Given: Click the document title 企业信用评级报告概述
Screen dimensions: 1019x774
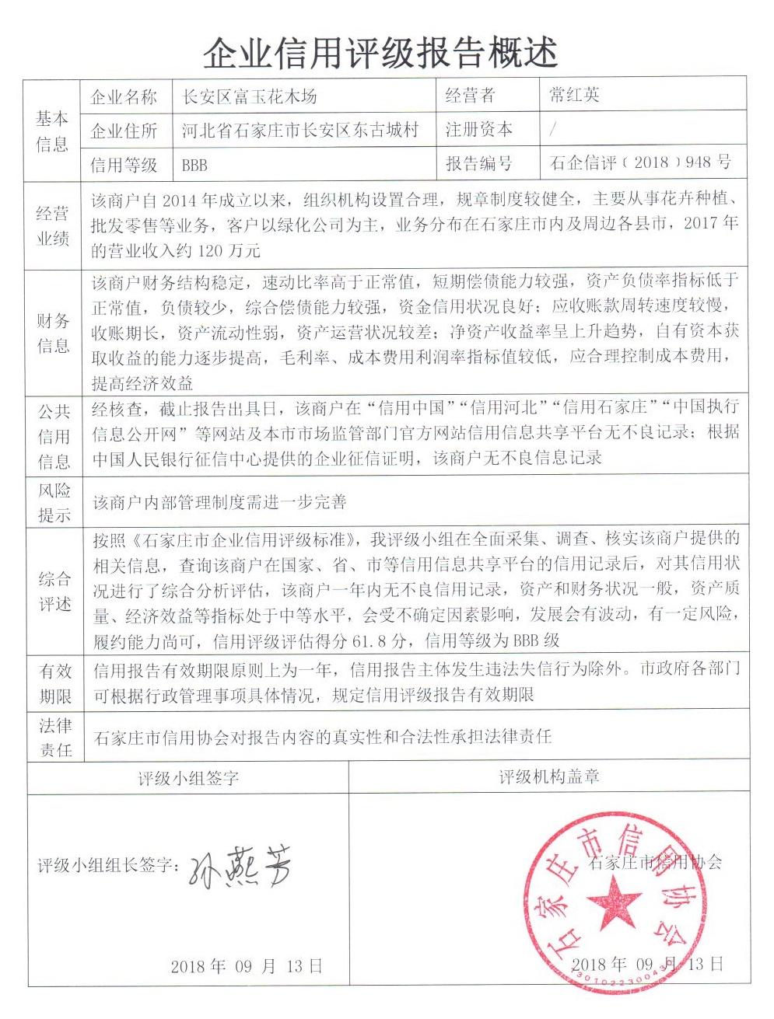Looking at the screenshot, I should (380, 53).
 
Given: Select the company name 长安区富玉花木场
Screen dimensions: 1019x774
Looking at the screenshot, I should (249, 97).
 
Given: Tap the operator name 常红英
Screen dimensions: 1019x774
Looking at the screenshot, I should (574, 96).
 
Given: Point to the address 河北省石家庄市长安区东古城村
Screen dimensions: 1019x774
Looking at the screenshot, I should (300, 130).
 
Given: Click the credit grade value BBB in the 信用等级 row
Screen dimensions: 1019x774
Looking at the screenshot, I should (194, 165).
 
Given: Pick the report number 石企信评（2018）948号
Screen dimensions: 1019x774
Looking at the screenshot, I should (640, 162).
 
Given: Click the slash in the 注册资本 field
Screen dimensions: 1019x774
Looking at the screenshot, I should (552, 130).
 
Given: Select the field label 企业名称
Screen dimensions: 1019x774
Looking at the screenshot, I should (124, 97).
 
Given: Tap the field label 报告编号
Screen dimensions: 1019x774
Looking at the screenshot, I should (478, 163).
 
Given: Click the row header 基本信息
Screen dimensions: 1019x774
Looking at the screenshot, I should (52, 131).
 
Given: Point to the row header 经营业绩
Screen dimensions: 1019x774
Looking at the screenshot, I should (52, 226).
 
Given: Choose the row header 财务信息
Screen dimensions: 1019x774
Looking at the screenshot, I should (52, 333).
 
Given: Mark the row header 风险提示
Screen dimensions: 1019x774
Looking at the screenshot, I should (54, 502).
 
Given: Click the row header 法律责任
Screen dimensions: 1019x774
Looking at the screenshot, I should (55, 738).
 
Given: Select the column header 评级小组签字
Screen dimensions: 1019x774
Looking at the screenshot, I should (188, 778).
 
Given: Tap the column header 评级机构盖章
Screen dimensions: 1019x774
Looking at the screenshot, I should (548, 777).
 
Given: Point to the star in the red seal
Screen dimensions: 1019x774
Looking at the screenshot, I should (615, 902).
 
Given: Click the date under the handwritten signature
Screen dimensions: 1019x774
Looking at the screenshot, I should (247, 966).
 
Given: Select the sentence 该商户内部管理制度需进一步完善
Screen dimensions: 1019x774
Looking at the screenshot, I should (219, 503).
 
